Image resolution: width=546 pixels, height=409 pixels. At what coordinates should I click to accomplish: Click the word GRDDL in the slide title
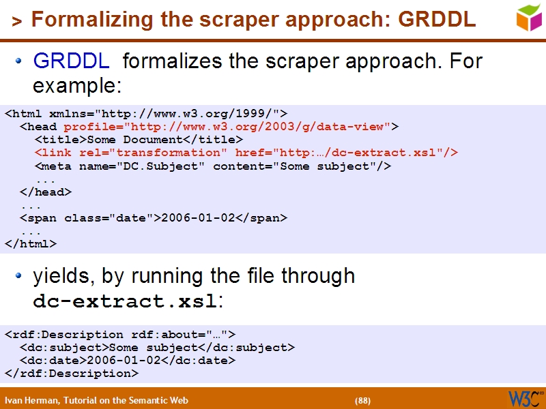[x=437, y=20]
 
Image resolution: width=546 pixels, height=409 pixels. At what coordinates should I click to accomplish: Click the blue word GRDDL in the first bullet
[x=71, y=62]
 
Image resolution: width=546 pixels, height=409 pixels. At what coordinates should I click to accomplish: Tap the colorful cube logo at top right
[x=528, y=17]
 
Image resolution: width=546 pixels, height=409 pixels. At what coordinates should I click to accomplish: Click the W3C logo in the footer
[x=524, y=398]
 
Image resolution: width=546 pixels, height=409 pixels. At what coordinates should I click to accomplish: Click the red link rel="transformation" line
[x=246, y=153]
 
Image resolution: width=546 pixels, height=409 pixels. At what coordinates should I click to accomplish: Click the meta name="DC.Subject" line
[x=212, y=166]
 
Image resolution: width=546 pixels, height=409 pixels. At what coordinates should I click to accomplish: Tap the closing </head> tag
[x=46, y=192]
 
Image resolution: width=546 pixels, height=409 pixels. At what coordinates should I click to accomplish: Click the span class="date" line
[x=154, y=218]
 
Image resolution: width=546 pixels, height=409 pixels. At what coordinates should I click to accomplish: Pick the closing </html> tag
[x=31, y=243]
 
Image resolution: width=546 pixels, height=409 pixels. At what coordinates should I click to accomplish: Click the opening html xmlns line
[x=146, y=114]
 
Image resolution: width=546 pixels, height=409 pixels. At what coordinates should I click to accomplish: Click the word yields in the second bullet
[x=64, y=276]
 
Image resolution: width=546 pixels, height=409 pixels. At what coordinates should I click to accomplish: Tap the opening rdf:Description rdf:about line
[x=120, y=335]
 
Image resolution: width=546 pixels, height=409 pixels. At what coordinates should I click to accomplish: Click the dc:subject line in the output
[x=157, y=348]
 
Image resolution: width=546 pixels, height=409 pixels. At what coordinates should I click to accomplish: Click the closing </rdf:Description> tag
[x=72, y=374]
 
